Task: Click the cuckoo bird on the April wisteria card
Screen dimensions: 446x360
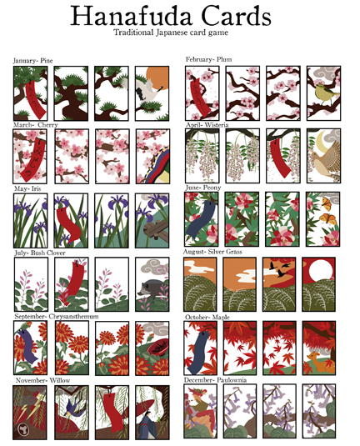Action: (x=321, y=158)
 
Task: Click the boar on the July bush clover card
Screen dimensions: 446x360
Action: (x=150, y=287)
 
